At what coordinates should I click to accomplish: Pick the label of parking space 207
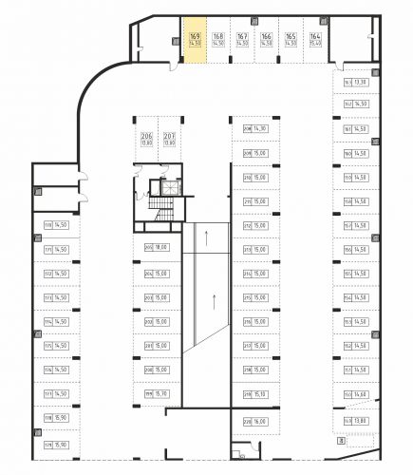170,140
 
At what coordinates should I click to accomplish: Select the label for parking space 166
266,39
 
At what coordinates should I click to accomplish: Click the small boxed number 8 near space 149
340,440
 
